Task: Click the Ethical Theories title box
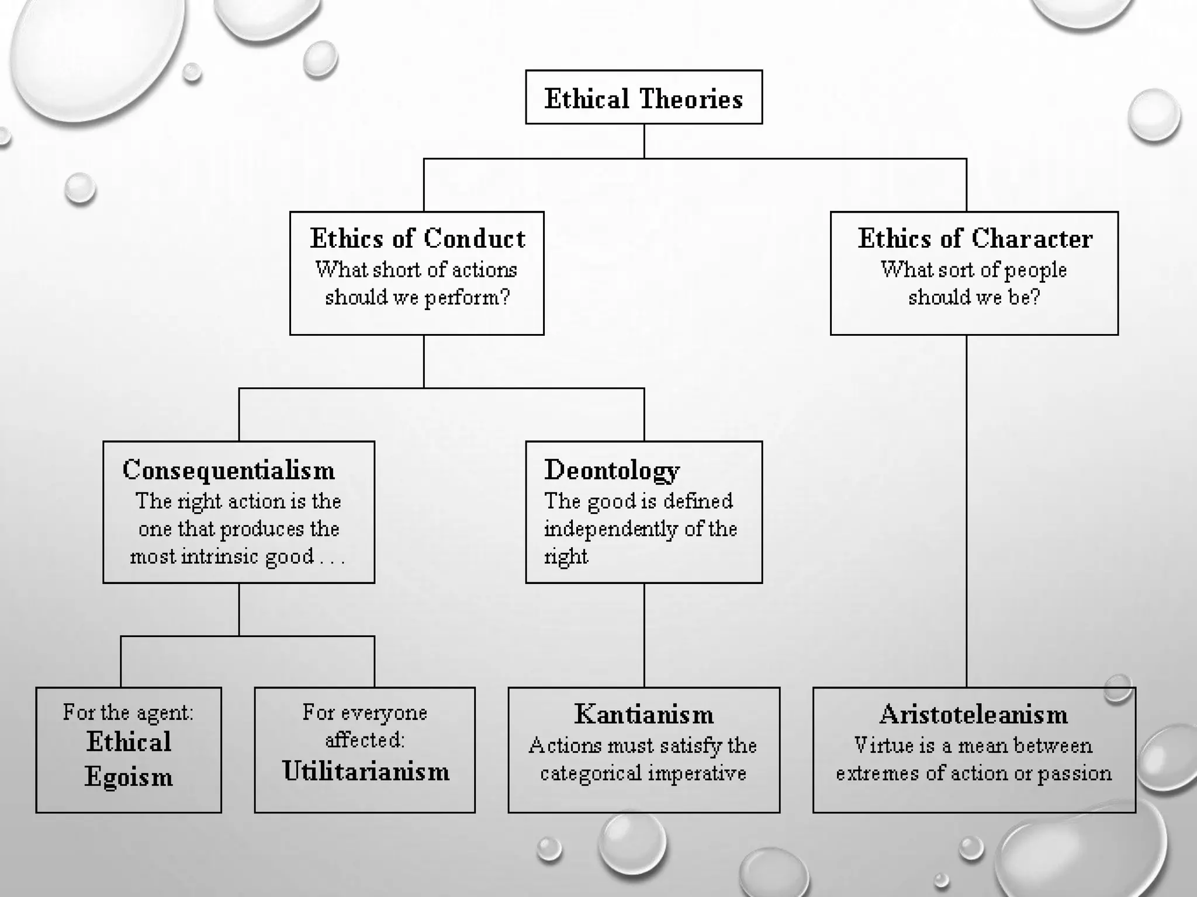pos(644,98)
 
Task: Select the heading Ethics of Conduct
pos(417,238)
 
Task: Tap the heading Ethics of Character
pos(975,238)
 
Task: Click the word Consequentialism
pos(229,470)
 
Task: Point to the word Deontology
pos(612,470)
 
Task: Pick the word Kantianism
pos(644,714)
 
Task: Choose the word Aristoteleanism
pos(974,714)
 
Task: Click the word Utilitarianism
pos(366,771)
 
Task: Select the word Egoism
pos(129,777)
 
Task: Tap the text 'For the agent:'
pos(129,712)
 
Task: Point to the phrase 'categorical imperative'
pos(643,773)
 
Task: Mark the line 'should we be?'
pos(974,297)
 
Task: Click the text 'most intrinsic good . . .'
pos(237,556)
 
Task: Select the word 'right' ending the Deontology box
pos(566,556)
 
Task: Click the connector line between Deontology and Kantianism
pos(644,635)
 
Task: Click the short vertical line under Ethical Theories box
pos(644,141)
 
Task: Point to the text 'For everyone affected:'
pos(365,726)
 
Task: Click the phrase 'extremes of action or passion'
pos(974,773)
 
